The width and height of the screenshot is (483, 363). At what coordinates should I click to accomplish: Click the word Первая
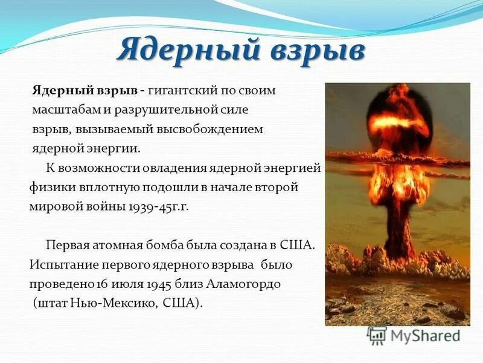pyautogui.click(x=66, y=246)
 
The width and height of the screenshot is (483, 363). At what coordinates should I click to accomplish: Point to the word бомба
pyautogui.click(x=174, y=246)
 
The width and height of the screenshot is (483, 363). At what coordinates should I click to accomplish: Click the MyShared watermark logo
pyautogui.click(x=414, y=335)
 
